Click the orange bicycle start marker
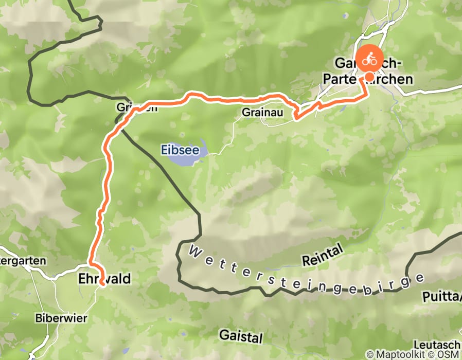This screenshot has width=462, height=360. point(369,60)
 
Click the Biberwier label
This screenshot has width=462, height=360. point(61,318)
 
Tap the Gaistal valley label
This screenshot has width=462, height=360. point(241,336)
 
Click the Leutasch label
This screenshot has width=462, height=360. point(437,344)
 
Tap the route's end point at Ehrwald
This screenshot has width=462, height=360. point(102,283)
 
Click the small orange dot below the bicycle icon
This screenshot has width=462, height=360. point(369,77)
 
